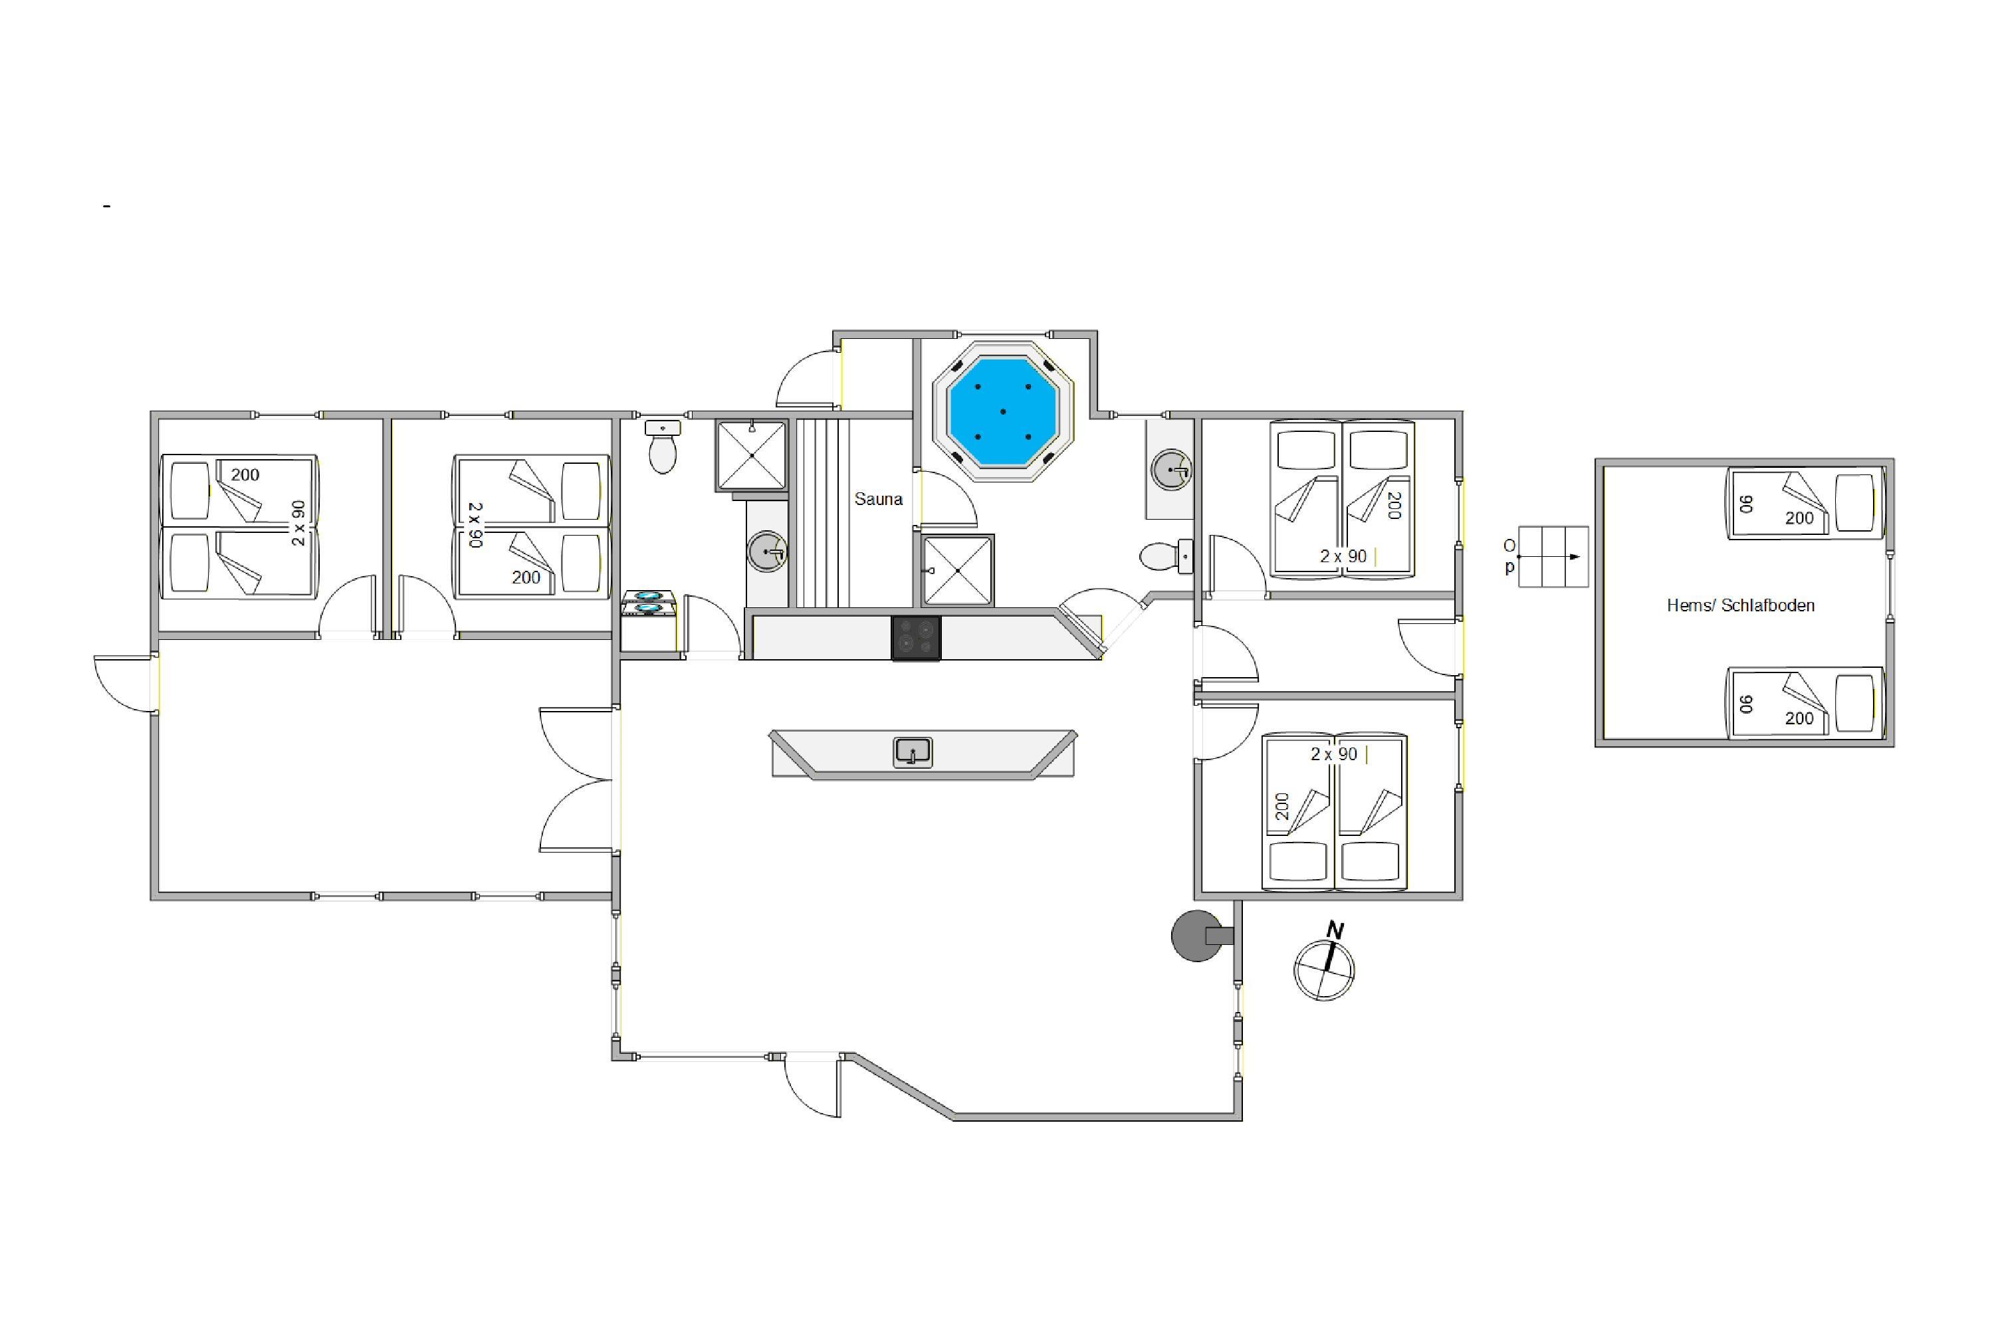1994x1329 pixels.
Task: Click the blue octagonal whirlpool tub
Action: (1003, 412)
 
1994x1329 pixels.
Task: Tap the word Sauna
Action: (878, 499)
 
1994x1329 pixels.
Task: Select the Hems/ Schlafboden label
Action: (1741, 605)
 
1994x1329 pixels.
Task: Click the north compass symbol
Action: (1325, 964)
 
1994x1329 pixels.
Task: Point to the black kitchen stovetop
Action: (916, 637)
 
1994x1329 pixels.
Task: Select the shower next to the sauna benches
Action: (752, 455)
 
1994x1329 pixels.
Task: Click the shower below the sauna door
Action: (957, 570)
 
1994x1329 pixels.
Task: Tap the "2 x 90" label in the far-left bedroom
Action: (298, 523)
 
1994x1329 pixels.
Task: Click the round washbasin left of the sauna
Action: (767, 552)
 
